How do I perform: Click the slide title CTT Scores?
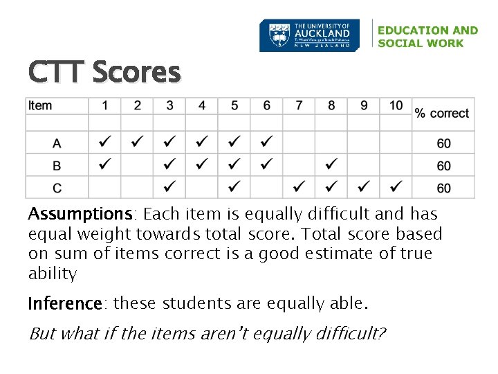[104, 71]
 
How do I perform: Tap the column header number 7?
[299, 106]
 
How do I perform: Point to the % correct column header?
[442, 113]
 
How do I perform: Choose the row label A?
[57, 143]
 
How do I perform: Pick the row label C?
[57, 187]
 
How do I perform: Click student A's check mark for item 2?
[138, 143]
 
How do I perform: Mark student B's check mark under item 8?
[331, 165]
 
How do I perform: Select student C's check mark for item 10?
[396, 187]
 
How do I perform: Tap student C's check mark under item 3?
[169, 187]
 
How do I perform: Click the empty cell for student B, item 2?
[138, 165]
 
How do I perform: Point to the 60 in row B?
[443, 166]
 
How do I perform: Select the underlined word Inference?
[65, 304]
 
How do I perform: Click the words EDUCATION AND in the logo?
[427, 30]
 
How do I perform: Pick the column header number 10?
[396, 106]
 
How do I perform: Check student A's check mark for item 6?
[266, 143]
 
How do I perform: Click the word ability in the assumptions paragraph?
[53, 274]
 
